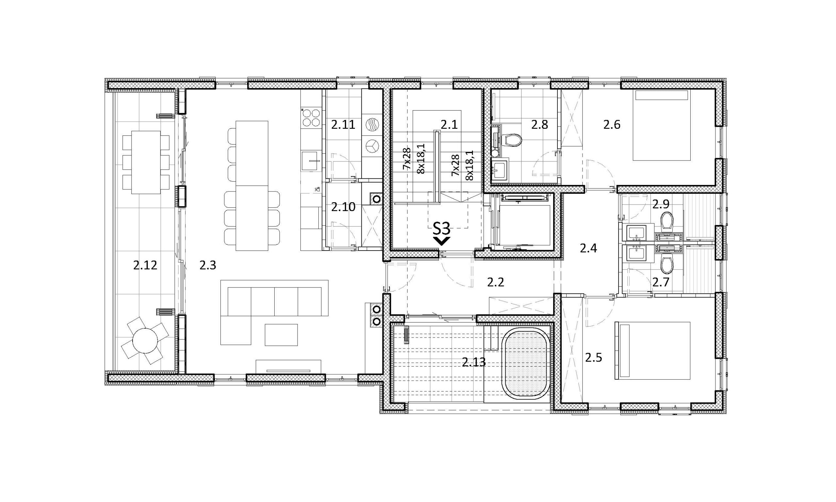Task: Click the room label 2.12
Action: click(145, 266)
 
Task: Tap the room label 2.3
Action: click(208, 266)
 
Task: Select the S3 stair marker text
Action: click(442, 229)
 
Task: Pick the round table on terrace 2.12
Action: click(145, 341)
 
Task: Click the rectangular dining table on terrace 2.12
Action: click(146, 162)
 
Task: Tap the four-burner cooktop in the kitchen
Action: click(311, 117)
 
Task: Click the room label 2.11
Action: click(343, 125)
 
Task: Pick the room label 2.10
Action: click(343, 207)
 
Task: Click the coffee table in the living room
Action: click(281, 335)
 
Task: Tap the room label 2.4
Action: click(588, 249)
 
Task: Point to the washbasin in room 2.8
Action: click(500, 169)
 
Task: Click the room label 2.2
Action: click(496, 282)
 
